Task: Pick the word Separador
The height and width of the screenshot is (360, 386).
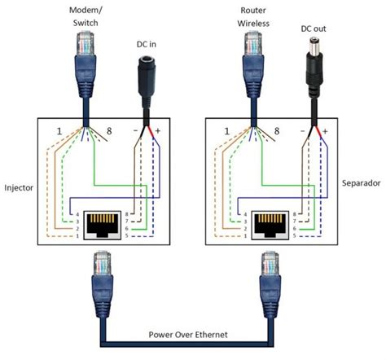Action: (360, 183)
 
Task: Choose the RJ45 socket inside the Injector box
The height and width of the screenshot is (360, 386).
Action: (95, 220)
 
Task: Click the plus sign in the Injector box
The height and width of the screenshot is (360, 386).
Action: (158, 130)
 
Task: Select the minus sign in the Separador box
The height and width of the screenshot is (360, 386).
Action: (303, 130)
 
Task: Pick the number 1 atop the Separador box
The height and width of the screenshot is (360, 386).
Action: (229, 130)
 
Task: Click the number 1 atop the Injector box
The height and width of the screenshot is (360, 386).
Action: (59, 130)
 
